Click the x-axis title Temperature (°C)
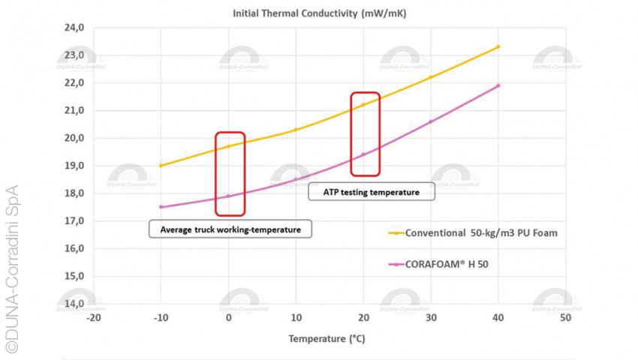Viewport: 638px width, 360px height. pyautogui.click(x=328, y=338)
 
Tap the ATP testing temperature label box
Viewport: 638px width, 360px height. pyautogui.click(x=371, y=192)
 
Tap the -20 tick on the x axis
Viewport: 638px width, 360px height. pyautogui.click(x=93, y=318)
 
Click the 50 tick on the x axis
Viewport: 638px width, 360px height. pyautogui.click(x=565, y=318)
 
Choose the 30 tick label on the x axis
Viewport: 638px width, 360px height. pyautogui.click(x=430, y=318)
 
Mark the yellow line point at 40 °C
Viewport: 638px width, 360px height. pyautogui.click(x=498, y=46)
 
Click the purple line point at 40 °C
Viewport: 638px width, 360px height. pyautogui.click(x=498, y=85)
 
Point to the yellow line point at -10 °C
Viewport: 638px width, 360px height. pyautogui.click(x=161, y=166)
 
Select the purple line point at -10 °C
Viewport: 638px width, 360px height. pyautogui.click(x=161, y=207)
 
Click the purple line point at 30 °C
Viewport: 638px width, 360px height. pyautogui.click(x=430, y=121)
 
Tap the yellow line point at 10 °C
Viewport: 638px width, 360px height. pyautogui.click(x=296, y=130)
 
